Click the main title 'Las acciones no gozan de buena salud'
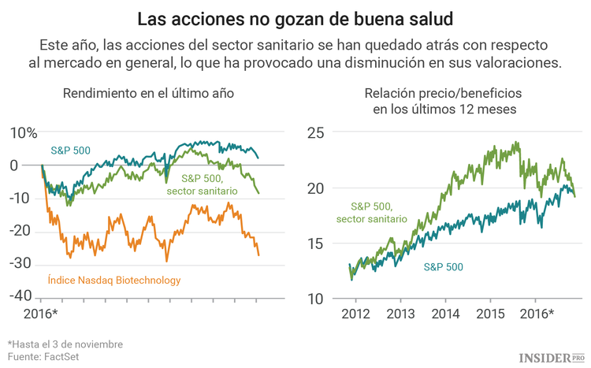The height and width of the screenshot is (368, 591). (295, 17)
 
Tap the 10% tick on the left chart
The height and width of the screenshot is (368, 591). (24, 132)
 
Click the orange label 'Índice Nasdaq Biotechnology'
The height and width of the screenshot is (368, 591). (114, 280)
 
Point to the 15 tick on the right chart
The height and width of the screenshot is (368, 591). (315, 243)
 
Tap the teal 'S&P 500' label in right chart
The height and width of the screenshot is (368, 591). (444, 267)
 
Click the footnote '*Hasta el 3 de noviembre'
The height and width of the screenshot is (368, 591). (65, 344)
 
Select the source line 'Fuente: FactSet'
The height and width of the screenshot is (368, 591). (43, 357)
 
